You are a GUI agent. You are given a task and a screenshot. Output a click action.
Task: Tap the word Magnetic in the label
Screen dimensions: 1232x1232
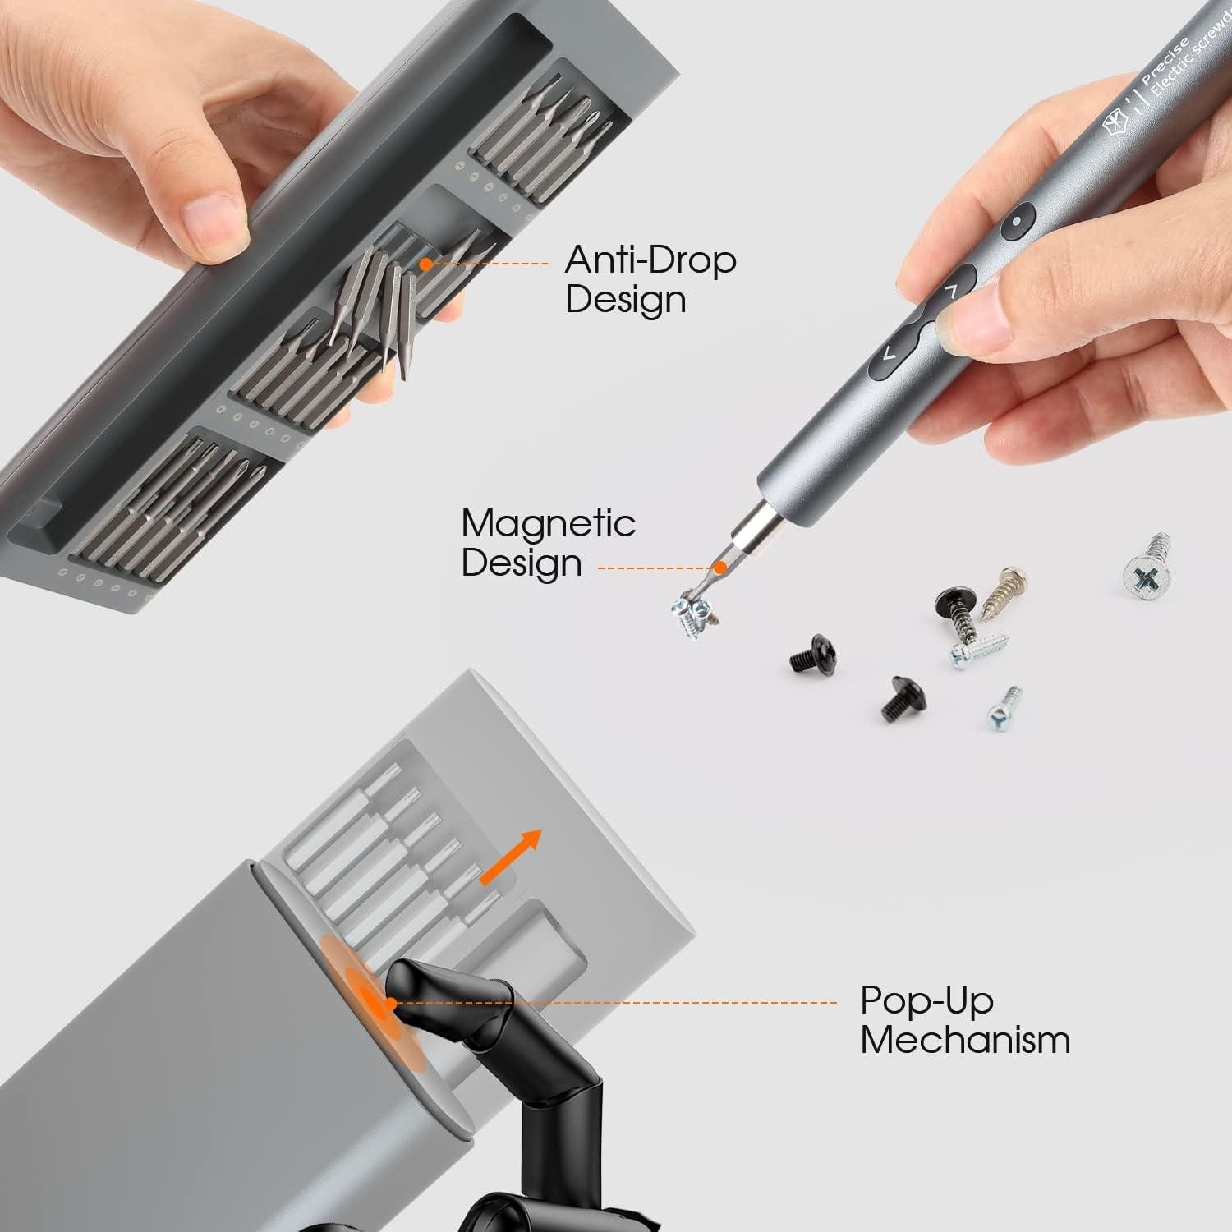pyautogui.click(x=548, y=524)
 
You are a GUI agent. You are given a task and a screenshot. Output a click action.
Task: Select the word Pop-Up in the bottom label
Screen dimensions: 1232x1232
pyautogui.click(x=926, y=1000)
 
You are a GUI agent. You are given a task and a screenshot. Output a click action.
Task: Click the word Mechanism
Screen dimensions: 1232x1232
pyautogui.click(x=965, y=1040)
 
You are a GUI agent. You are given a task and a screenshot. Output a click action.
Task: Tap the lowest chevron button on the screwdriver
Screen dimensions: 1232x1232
pyautogui.click(x=888, y=354)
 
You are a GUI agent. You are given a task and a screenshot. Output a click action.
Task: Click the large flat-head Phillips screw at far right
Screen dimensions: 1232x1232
pyautogui.click(x=1146, y=564)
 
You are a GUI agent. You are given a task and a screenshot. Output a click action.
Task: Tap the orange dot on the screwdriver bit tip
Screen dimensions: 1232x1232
pyautogui.click(x=720, y=567)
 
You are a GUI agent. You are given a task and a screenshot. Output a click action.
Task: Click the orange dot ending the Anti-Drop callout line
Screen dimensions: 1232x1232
pyautogui.click(x=425, y=264)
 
